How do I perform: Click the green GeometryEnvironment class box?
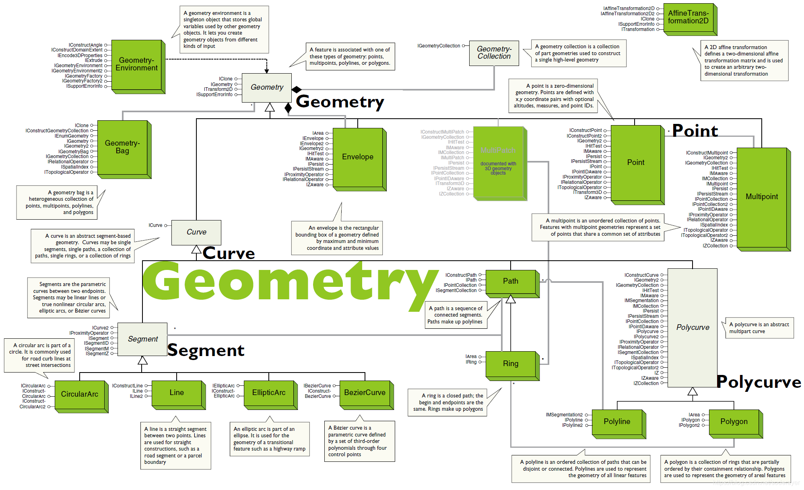pos(136,64)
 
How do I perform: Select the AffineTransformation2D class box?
pos(688,17)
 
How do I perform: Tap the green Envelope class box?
pos(358,157)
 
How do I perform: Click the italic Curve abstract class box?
pos(196,232)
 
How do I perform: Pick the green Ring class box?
pos(511,364)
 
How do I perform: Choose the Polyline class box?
pos(617,422)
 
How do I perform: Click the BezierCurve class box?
pos(365,393)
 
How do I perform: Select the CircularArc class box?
pos(80,394)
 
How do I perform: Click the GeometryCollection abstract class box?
pos(494,53)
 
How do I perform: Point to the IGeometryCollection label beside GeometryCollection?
pos(439,46)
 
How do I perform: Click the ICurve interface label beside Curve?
pos(155,225)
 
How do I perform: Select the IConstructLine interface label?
pos(127,386)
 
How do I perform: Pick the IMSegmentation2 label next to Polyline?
pos(564,415)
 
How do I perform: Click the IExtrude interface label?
pos(93,60)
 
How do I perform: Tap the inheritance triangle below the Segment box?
pos(142,360)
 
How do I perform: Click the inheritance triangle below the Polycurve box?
pos(692,391)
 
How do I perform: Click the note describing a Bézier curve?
pos(359,441)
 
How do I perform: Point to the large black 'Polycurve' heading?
pos(759,382)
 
